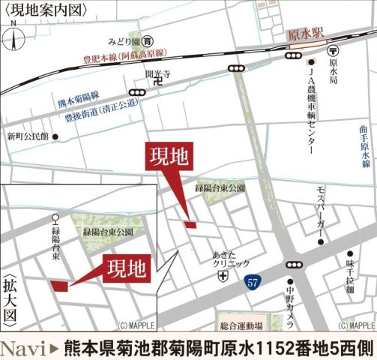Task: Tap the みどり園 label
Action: [121, 41]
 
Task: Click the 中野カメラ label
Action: [289, 301]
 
